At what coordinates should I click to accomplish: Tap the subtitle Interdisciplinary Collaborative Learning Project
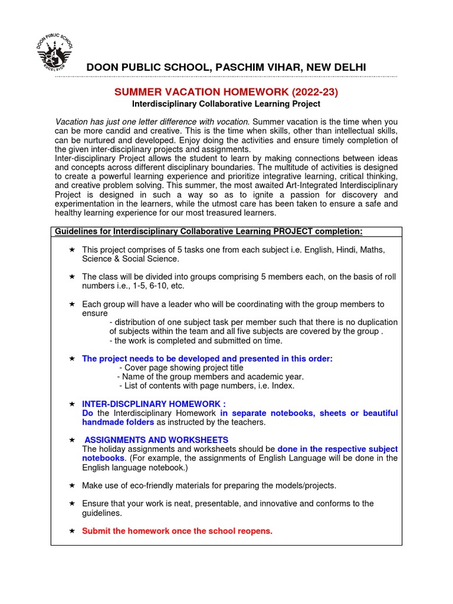(226, 104)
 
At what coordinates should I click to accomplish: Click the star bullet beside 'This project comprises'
(71, 250)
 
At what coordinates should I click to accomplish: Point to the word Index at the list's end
(282, 386)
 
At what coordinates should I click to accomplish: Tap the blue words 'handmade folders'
(118, 422)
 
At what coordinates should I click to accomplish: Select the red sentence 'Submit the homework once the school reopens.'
(177, 531)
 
